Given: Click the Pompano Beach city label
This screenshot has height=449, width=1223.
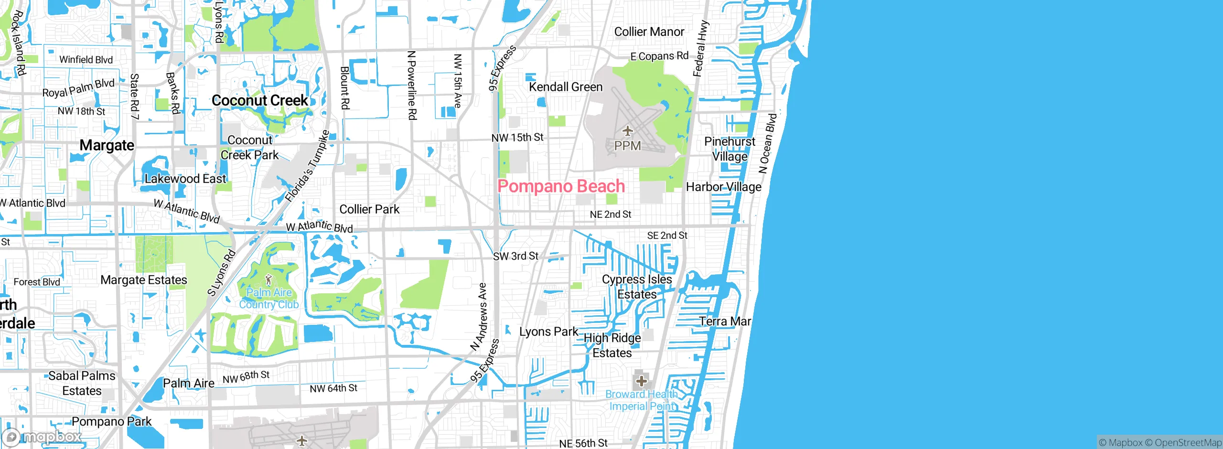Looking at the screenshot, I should (x=561, y=186).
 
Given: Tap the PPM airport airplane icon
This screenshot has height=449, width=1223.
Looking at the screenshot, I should (x=627, y=130).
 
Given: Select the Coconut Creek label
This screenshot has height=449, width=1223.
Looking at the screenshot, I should (x=260, y=100).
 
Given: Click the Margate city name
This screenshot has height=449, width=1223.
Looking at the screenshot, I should (x=107, y=145).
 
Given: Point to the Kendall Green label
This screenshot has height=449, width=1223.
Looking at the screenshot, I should (x=566, y=87).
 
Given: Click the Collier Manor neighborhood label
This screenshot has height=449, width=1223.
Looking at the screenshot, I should (x=649, y=32).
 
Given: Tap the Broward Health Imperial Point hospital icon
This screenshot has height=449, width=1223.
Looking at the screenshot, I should (x=641, y=381).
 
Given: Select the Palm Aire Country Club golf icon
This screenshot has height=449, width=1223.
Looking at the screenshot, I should (x=268, y=280).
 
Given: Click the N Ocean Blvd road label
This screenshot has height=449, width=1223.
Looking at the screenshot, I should (x=768, y=143).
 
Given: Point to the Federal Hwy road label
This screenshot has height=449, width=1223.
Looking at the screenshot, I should (x=700, y=49).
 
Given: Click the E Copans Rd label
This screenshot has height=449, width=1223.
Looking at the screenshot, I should (x=659, y=56).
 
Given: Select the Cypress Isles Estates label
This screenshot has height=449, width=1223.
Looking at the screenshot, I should (x=637, y=287).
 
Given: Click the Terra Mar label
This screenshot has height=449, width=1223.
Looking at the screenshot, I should (x=725, y=321).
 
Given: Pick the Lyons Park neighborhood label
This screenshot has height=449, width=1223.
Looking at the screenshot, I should (x=548, y=331).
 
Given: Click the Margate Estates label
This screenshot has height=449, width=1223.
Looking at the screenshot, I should (x=144, y=280).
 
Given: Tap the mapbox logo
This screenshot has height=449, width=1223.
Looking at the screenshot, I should (x=42, y=437).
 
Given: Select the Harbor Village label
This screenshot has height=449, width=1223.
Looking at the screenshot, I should (x=723, y=187).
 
